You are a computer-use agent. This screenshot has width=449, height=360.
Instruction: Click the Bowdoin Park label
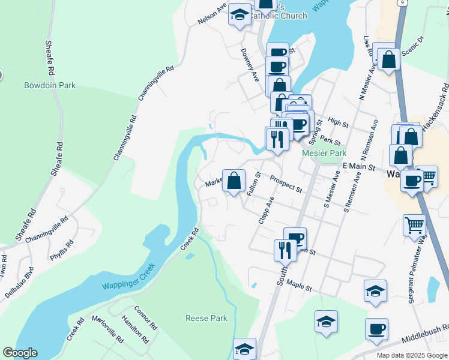pos(50,86)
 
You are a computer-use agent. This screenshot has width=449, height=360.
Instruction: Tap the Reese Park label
pos(206,318)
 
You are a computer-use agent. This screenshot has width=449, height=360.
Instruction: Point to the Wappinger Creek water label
pos(128,277)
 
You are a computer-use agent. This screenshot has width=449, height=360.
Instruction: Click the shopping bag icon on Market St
pos(234,181)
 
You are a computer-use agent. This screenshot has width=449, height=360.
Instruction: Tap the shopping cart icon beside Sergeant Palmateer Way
pos(414,227)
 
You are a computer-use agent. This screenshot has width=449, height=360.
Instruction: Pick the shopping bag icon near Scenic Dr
pos(388,59)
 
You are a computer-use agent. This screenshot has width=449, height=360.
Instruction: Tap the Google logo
pos(20,352)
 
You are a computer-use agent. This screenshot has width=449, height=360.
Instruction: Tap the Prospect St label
pos(286,184)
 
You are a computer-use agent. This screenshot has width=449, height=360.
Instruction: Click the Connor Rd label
pos(145,318)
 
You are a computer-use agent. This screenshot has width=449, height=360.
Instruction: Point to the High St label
pos(339,123)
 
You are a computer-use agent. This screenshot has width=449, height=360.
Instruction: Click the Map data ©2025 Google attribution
pos(412,355)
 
